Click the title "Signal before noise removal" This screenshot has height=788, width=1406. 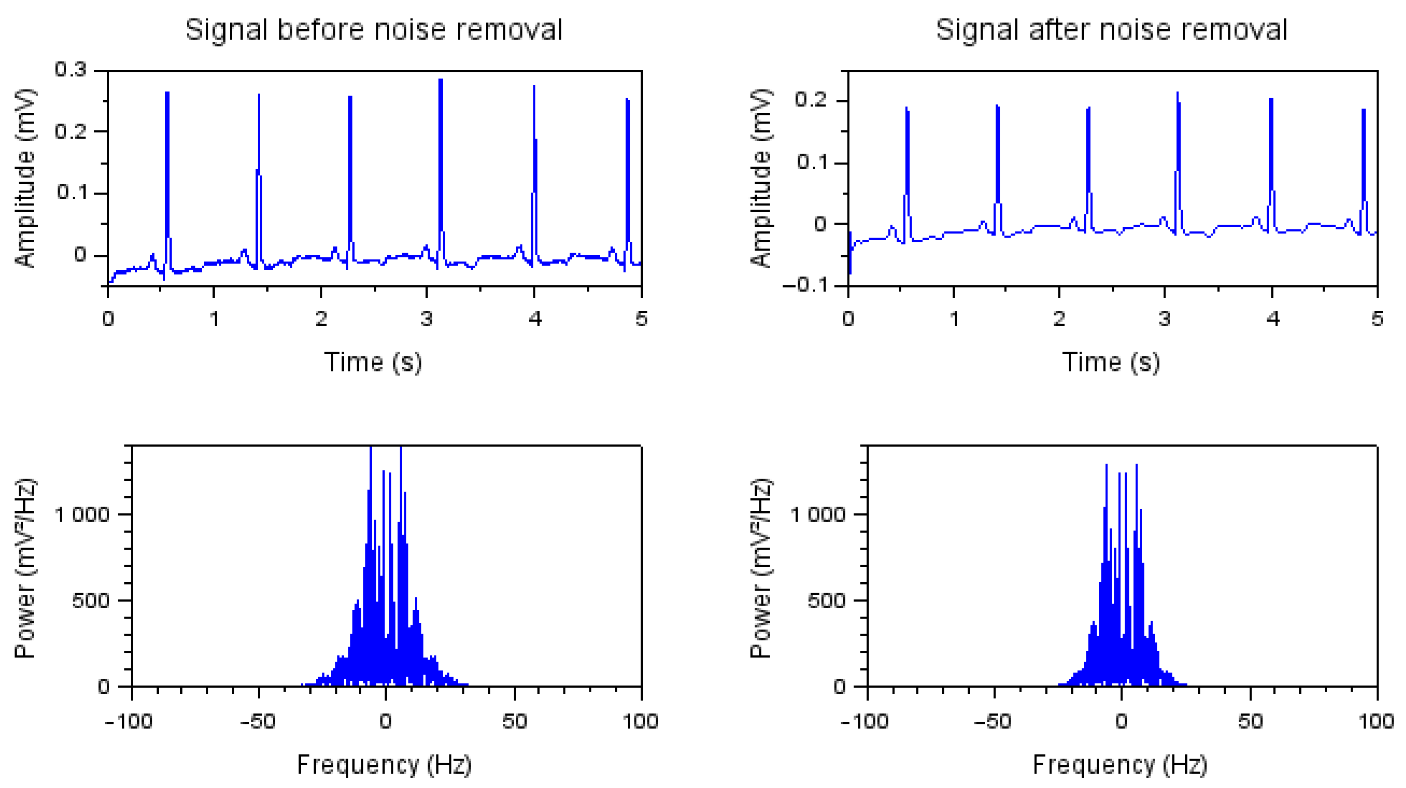coord(374,30)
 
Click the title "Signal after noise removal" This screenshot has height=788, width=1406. coord(1111,30)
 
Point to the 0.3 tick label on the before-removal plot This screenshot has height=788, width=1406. coord(71,69)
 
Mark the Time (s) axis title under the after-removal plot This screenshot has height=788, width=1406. coord(1111,362)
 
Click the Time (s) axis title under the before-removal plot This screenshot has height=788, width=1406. coord(373,362)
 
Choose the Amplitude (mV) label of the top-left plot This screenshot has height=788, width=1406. coord(25,178)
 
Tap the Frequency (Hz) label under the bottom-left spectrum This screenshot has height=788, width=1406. coord(384,764)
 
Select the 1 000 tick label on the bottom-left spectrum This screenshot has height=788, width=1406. coord(82,514)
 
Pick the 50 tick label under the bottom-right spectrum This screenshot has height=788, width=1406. coord(1250,721)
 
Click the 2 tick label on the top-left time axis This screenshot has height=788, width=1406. coord(321,318)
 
